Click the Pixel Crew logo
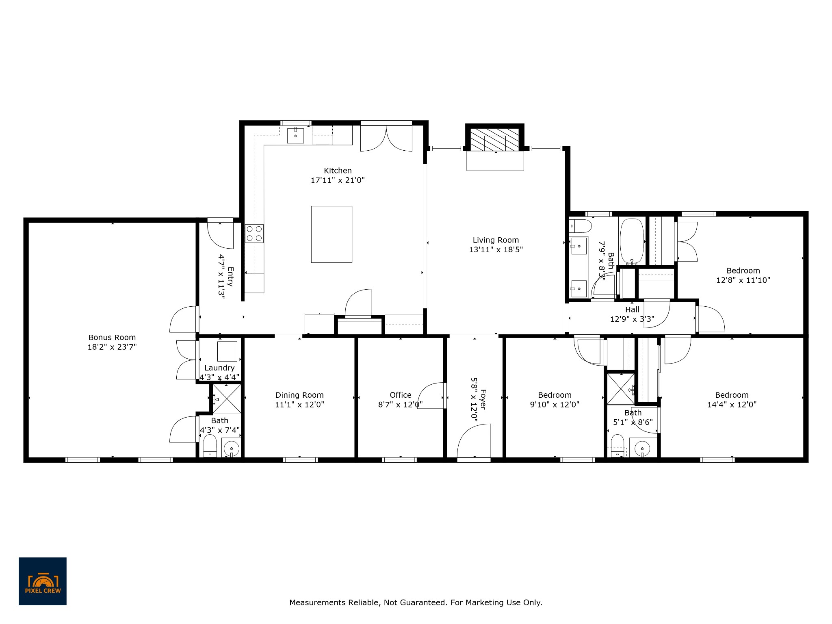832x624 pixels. (42, 581)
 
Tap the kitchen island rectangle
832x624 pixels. (331, 234)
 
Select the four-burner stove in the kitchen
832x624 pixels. (254, 234)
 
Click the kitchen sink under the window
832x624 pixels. (295, 135)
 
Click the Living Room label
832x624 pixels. (496, 240)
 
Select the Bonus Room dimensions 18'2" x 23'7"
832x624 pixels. (112, 347)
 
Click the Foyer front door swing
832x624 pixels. (474, 441)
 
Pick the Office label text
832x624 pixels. (400, 395)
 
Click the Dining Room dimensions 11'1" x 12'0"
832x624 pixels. (299, 405)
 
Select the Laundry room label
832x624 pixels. (219, 368)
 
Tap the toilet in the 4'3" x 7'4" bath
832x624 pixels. (210, 445)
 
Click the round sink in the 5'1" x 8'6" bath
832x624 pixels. (642, 448)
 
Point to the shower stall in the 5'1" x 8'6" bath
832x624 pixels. (620, 389)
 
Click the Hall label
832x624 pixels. (632, 310)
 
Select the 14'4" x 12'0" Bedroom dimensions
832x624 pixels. (732, 405)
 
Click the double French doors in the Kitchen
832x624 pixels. (386, 139)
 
